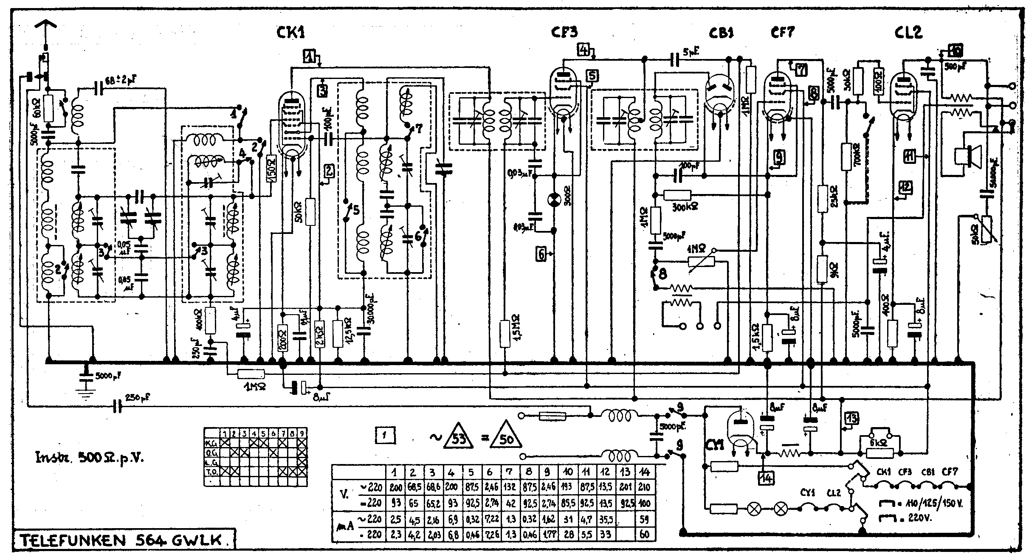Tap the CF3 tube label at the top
coord(565,32)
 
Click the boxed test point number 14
coord(767,478)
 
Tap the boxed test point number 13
coord(851,418)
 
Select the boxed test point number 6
coord(541,254)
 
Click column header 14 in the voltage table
coord(644,471)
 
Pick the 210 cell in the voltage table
coord(644,487)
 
